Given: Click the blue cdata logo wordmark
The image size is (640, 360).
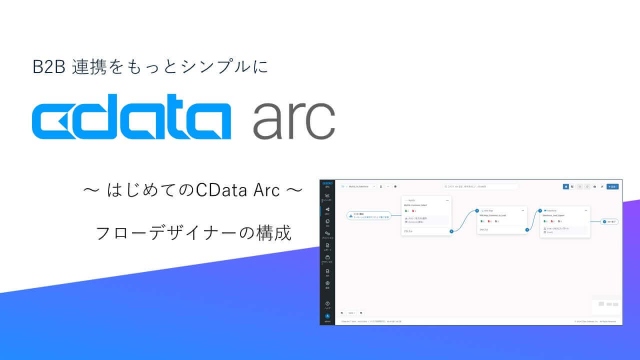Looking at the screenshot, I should pyautogui.click(x=131, y=116).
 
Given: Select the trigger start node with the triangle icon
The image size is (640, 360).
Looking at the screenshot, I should pyautogui.click(x=369, y=215).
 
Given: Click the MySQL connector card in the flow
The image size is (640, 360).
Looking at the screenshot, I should pyautogui.click(x=426, y=215).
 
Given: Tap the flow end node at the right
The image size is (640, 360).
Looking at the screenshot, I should pyautogui.click(x=609, y=221).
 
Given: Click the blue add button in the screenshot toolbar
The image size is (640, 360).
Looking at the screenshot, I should pyautogui.click(x=612, y=186).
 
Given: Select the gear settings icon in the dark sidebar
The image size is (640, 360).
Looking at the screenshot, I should pyautogui.click(x=327, y=283).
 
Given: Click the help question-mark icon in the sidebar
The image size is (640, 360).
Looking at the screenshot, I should pyautogui.click(x=327, y=303).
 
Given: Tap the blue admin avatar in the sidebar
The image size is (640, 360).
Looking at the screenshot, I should pyautogui.click(x=327, y=316).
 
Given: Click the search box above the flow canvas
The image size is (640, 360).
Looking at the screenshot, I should pyautogui.click(x=480, y=186).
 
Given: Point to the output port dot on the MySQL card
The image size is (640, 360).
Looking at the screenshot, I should pyautogui.click(x=451, y=231).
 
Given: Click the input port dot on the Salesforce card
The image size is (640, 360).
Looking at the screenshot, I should pyautogui.click(x=540, y=210).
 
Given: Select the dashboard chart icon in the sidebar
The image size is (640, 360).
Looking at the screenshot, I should pyautogui.click(x=327, y=195).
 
